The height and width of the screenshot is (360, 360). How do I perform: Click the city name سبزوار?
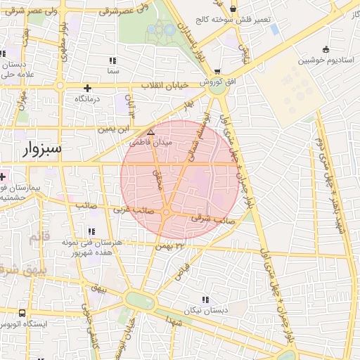click(x=42, y=149)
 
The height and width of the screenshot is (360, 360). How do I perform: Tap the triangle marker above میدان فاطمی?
click(x=150, y=131)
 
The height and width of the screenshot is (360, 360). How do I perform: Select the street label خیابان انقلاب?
click(x=167, y=85)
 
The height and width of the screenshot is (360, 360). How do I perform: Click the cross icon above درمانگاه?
click(x=87, y=88)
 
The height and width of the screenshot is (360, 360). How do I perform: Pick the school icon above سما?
click(x=113, y=60)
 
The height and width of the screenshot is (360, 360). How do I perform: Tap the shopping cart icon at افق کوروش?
click(x=217, y=71)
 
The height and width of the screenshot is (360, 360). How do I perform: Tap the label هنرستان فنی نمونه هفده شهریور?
click(x=92, y=246)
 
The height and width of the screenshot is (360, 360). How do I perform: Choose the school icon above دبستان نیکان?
click(x=205, y=300)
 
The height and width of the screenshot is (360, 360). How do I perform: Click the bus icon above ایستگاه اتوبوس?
click(x=22, y=313)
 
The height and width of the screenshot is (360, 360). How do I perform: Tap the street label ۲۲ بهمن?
click(x=170, y=246)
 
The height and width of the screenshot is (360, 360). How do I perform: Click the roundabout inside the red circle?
click(x=167, y=212)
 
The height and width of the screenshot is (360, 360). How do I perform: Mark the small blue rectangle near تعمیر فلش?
click(x=274, y=30)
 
